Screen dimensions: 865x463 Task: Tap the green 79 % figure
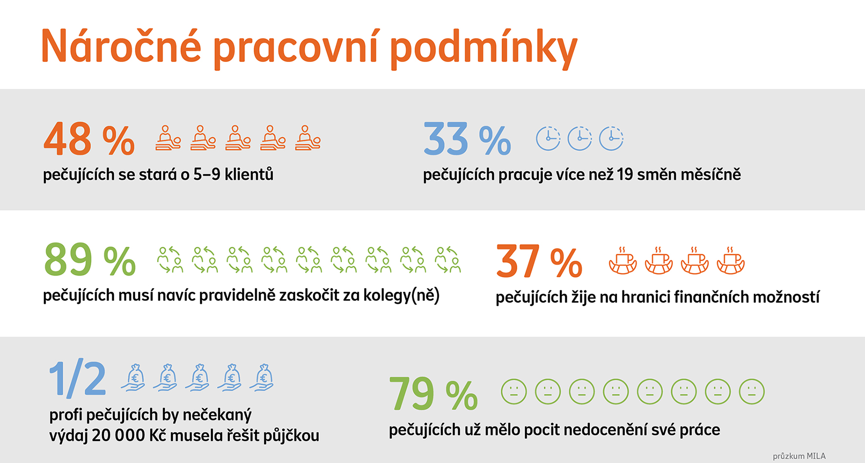tap(433, 393)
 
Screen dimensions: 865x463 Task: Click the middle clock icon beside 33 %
tap(579, 138)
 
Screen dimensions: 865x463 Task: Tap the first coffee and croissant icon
tap(623, 261)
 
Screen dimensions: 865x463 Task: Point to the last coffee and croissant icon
tap(731, 261)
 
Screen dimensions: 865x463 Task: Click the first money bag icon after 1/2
tap(133, 378)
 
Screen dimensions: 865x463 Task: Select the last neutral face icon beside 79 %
tap(752, 391)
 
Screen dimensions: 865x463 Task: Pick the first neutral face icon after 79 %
tap(514, 391)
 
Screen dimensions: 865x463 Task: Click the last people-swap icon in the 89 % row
tap(448, 260)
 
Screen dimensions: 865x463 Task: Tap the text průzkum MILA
tap(799, 456)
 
